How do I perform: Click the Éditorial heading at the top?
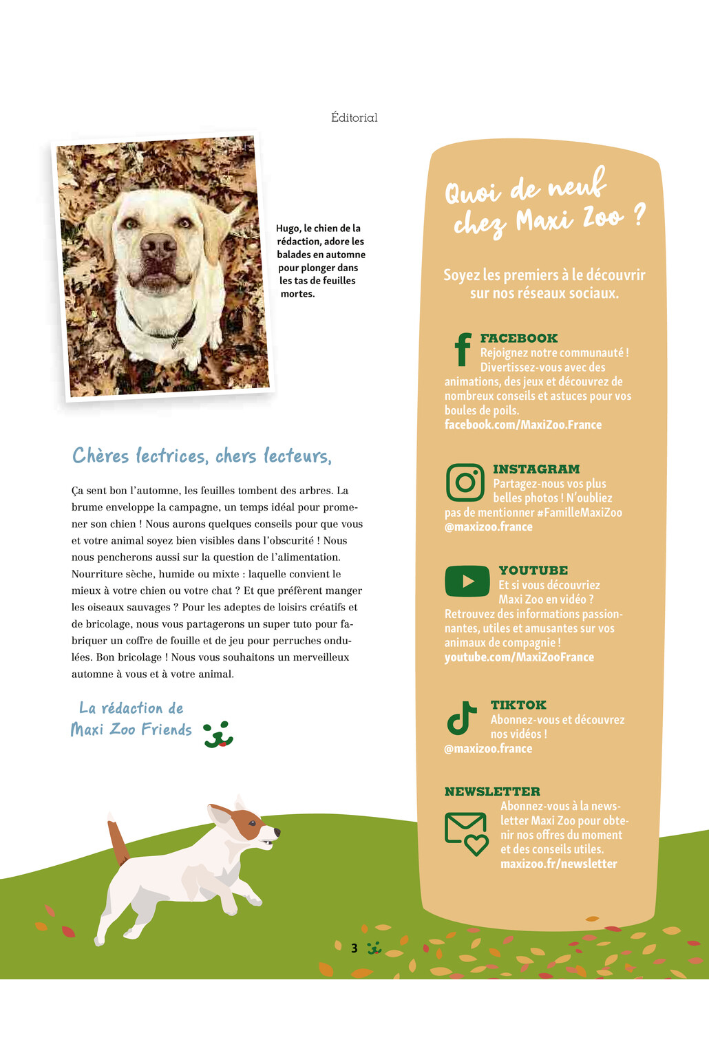[x=354, y=118]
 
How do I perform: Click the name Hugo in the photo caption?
[x=288, y=228]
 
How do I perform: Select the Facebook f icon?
[x=463, y=349]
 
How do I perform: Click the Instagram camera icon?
[x=465, y=482]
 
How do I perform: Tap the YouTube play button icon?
[x=467, y=581]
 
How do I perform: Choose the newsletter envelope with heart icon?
[x=466, y=833]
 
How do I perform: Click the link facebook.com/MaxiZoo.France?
[x=522, y=425]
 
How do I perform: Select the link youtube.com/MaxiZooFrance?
[x=519, y=657]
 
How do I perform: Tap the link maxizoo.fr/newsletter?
[x=558, y=864]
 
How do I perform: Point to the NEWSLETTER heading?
[x=492, y=791]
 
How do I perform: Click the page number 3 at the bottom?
[x=354, y=948]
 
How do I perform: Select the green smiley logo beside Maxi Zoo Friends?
[x=218, y=734]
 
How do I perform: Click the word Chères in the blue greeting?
[x=100, y=456]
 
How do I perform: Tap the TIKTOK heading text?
[x=518, y=705]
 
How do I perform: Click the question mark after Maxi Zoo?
[x=639, y=215]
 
